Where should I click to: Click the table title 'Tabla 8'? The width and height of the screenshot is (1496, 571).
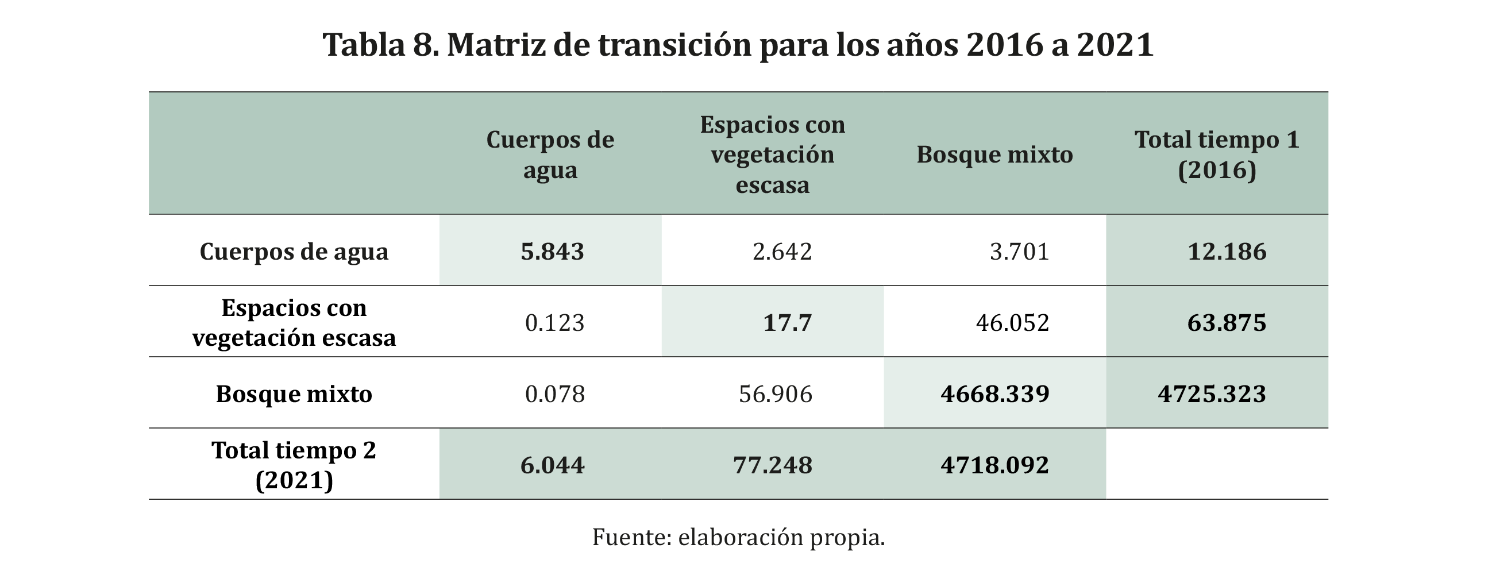738,45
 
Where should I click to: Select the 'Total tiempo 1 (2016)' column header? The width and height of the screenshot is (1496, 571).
1217,155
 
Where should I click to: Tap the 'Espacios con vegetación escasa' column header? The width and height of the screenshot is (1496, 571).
772,155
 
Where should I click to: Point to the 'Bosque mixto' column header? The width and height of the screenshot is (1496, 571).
994,155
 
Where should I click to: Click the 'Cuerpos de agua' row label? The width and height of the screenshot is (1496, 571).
294,252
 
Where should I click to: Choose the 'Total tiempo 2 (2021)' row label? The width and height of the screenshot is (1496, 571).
294,465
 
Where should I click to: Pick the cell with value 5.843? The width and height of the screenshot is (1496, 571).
552,252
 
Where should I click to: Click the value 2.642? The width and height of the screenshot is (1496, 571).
782,252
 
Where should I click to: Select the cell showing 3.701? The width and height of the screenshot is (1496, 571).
1019,252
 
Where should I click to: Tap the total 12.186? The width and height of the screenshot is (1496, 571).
1227,252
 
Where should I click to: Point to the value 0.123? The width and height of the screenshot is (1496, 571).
554,323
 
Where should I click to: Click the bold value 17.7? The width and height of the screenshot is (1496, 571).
787,323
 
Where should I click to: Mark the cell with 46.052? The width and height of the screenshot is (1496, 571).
1012,323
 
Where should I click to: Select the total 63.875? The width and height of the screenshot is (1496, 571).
1227,323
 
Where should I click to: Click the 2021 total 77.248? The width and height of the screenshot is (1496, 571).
772,465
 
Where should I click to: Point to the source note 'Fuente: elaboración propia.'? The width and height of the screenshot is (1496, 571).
738,537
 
